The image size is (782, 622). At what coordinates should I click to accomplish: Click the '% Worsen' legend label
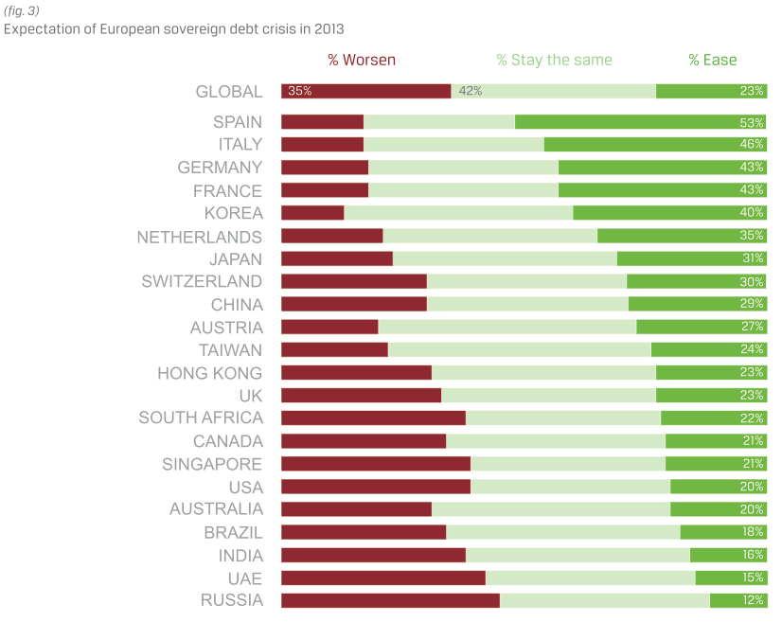362,60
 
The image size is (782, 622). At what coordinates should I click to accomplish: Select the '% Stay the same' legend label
554,60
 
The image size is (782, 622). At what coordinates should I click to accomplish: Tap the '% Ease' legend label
712,60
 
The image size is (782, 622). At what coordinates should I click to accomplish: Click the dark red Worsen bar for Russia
390,600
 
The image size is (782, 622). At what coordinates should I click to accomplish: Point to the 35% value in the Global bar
299,91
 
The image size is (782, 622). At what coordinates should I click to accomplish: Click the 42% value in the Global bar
470,91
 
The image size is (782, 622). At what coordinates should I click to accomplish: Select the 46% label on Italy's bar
752,145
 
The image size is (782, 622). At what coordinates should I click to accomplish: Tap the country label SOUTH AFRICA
200,418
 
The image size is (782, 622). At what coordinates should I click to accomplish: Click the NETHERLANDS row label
199,236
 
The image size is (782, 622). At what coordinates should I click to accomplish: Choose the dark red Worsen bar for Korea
312,213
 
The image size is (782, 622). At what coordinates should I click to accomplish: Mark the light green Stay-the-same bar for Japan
505,258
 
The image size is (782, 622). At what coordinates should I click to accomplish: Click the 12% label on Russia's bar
752,600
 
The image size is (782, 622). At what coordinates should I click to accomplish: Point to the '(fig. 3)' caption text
21,11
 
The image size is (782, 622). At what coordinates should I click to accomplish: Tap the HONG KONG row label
209,373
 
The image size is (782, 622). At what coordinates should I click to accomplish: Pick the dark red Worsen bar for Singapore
376,464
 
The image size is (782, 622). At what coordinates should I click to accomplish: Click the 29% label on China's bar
752,304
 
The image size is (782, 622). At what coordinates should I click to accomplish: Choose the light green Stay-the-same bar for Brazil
562,532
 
